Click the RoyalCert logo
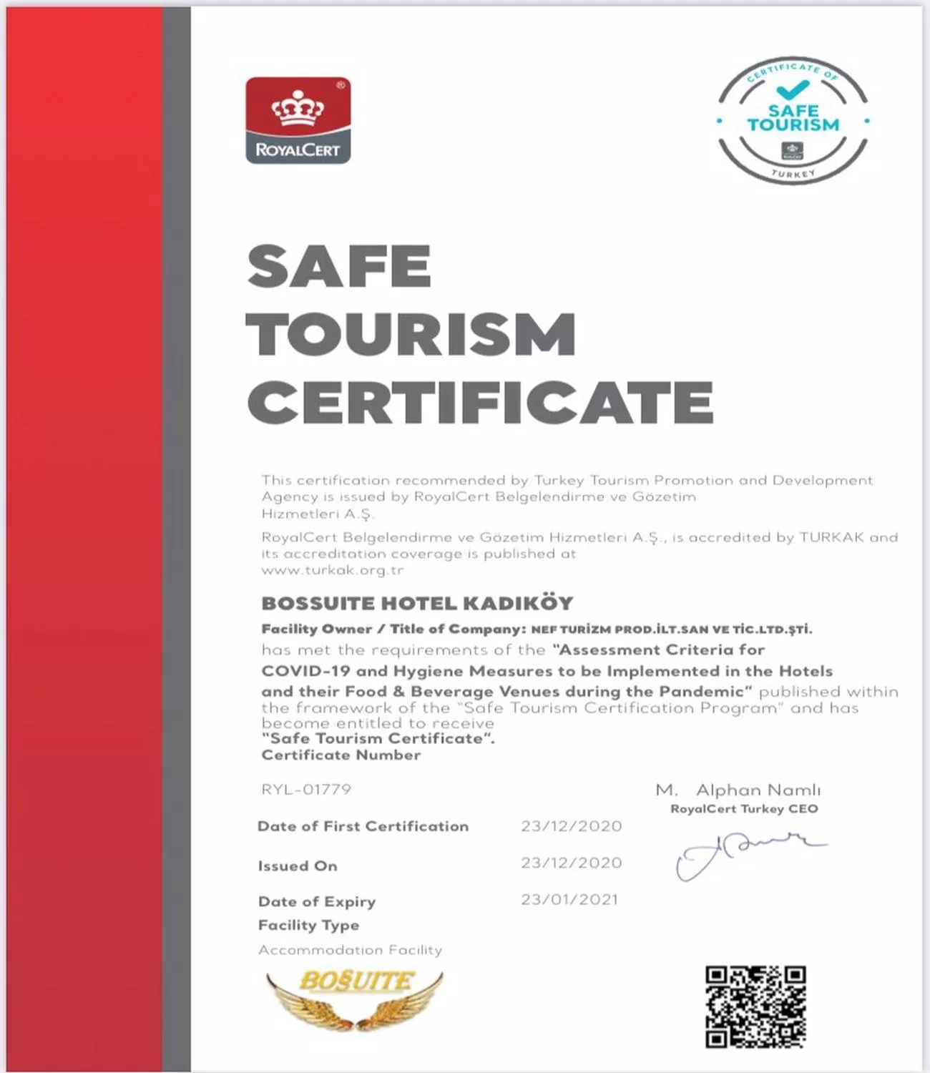(x=298, y=120)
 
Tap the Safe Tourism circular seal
(x=793, y=118)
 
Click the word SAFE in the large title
(x=339, y=266)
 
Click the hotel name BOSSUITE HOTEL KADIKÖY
(x=417, y=603)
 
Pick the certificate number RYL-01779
(x=306, y=790)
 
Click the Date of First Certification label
(x=363, y=826)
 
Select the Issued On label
(x=298, y=866)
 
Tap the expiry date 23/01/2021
(x=569, y=899)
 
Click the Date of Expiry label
(x=317, y=901)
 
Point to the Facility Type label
(x=308, y=925)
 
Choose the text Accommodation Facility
(x=351, y=950)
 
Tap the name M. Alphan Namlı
(x=738, y=790)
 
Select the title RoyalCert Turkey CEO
(x=744, y=809)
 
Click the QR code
(x=755, y=1006)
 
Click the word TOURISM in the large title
(x=411, y=333)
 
